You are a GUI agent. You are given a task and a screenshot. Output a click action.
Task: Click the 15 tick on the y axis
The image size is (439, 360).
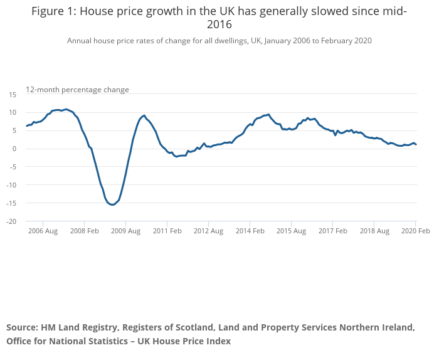coord(12,94)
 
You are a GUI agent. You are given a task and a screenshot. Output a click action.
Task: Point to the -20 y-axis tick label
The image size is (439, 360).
coord(11,221)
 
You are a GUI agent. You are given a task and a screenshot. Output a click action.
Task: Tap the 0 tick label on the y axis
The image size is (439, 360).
coord(14,149)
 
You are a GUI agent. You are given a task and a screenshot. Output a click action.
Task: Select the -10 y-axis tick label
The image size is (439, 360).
coord(11,185)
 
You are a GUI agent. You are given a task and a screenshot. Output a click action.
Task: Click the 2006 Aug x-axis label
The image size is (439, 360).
coord(43,231)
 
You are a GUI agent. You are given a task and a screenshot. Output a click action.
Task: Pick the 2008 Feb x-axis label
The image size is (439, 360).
coord(84,231)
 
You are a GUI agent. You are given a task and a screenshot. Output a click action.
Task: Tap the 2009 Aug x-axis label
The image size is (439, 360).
coord(125,231)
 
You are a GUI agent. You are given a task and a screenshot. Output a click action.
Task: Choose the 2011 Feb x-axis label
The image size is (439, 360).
coord(167,231)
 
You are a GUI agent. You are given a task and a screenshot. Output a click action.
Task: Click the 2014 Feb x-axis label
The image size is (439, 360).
coord(250,231)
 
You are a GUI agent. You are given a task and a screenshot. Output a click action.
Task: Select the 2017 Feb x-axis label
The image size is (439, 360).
coord(332,231)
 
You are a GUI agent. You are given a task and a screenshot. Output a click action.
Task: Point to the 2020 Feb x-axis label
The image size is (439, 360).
coord(415,231)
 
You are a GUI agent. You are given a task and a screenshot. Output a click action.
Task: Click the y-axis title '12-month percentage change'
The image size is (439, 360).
coord(77,90)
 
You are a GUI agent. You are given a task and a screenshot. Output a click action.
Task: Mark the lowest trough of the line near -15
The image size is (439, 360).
coord(112,205)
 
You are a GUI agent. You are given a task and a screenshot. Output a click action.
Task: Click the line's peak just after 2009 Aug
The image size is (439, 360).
coord(144,115)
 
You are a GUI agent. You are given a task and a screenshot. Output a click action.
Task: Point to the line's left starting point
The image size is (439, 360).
coord(26,126)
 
